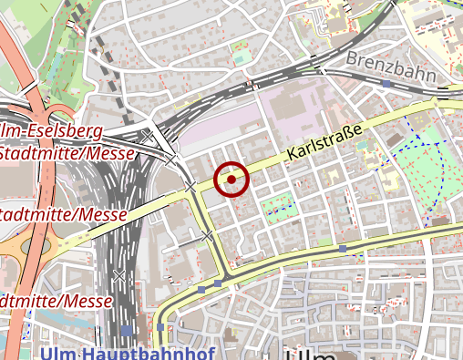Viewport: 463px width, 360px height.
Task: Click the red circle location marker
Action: (232, 179)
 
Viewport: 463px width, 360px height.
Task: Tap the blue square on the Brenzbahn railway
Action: (386, 84)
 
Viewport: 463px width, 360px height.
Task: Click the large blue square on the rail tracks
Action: (127, 331)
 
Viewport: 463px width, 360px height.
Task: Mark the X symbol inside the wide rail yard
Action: (118, 274)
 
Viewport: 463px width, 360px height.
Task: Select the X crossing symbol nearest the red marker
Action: (190, 187)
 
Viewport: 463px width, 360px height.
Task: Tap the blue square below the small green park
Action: (342, 248)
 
